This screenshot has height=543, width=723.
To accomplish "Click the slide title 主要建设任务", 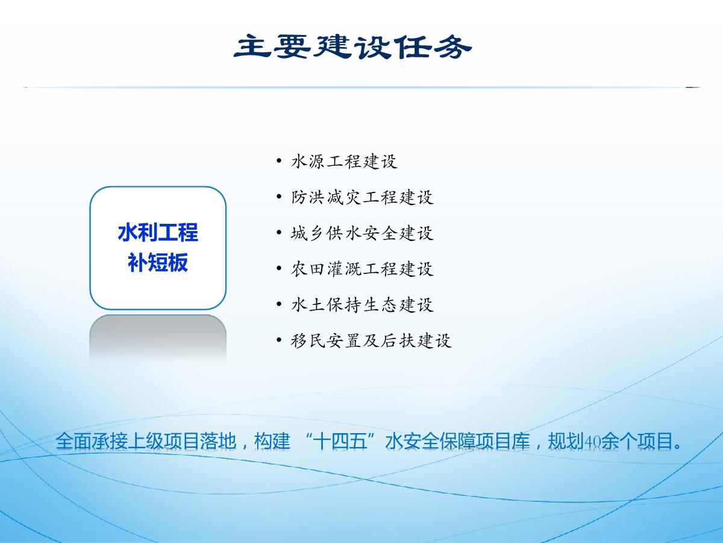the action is (352, 47).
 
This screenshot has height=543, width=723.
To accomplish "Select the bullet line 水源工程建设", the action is (344, 162).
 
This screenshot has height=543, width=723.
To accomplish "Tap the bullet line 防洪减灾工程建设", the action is (362, 197).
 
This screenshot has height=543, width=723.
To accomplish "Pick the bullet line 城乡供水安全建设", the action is (362, 233).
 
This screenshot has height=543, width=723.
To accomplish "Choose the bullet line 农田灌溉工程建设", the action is (362, 268).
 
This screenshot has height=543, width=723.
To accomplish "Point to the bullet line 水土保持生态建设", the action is (362, 304).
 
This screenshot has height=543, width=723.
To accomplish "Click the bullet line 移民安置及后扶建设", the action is (371, 340).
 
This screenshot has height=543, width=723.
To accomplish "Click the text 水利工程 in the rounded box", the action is (158, 232).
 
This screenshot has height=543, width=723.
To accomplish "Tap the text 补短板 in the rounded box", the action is (158, 262).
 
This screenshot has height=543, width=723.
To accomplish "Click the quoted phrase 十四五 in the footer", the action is (340, 441).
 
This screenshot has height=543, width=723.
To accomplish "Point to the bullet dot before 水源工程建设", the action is (279, 161).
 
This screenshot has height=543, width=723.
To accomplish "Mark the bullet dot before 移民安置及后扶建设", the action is (279, 340).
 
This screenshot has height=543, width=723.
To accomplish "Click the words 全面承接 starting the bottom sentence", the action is (92, 441).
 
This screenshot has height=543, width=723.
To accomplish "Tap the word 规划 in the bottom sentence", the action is (566, 441).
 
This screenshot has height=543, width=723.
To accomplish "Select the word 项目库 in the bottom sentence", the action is (503, 441).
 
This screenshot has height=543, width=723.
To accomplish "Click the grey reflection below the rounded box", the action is (158, 336).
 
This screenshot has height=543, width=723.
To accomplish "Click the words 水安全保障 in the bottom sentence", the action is (430, 441).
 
